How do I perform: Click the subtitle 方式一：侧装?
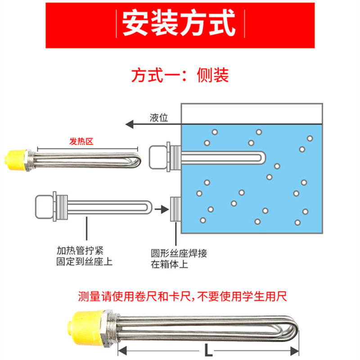click(180, 75)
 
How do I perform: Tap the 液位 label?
click(158, 117)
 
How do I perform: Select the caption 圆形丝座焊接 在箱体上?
click(179, 259)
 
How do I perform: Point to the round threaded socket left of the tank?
click(175, 209)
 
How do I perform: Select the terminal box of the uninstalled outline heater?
click(44, 208)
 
